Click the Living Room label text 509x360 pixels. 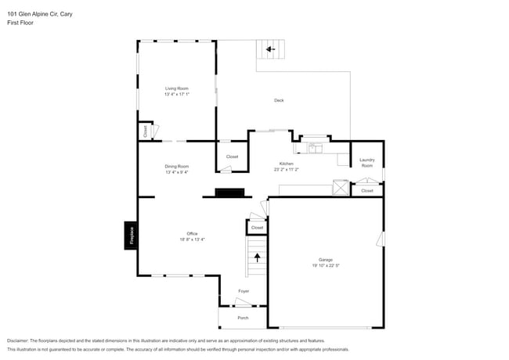(x=176, y=88)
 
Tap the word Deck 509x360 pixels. (x=279, y=100)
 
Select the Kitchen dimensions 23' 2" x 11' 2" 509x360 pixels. (x=287, y=169)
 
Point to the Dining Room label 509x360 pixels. (x=176, y=166)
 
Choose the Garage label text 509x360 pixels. (x=325, y=260)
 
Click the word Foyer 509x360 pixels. (x=244, y=291)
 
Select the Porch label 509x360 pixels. (x=243, y=318)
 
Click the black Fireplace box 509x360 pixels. (x=132, y=236)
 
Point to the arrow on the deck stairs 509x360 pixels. (x=270, y=49)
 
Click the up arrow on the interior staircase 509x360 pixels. (x=256, y=256)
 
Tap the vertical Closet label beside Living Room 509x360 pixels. (x=145, y=131)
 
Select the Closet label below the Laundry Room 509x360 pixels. (x=366, y=190)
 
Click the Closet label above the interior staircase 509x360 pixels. (x=257, y=228)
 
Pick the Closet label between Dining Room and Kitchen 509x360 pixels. (x=232, y=157)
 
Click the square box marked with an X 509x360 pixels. (x=341, y=187)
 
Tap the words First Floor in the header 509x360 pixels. (x=20, y=23)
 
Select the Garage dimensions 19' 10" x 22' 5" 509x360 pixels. (x=325, y=266)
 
